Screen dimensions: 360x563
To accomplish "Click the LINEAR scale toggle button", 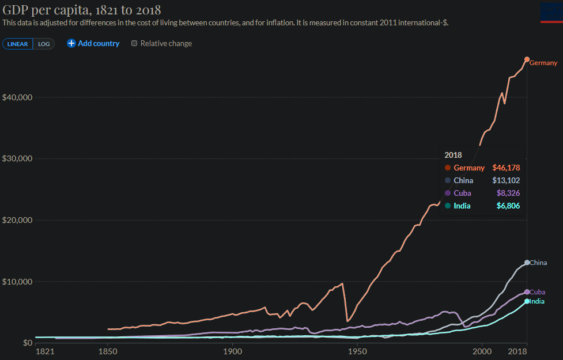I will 17,44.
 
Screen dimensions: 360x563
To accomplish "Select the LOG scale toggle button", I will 44,44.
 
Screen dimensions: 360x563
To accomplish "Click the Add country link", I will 93,43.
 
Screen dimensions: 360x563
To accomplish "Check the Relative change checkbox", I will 135,43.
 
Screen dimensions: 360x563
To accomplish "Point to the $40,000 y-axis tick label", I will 16,97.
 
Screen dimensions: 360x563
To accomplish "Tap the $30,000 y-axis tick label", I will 16,158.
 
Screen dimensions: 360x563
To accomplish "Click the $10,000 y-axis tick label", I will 16,282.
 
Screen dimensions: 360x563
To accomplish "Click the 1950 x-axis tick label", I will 357,351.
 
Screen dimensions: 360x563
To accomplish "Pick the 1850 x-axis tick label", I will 108,351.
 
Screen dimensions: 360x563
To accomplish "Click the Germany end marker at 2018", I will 527,59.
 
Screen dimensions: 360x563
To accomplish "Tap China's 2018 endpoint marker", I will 527,263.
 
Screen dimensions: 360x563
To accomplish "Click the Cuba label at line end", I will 537,292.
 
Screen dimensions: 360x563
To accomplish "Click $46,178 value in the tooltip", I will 506,168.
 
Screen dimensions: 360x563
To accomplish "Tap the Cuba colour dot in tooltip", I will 447,193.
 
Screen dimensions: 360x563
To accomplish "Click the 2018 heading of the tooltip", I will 453,155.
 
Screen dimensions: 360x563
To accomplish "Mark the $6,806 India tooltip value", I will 508,206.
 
